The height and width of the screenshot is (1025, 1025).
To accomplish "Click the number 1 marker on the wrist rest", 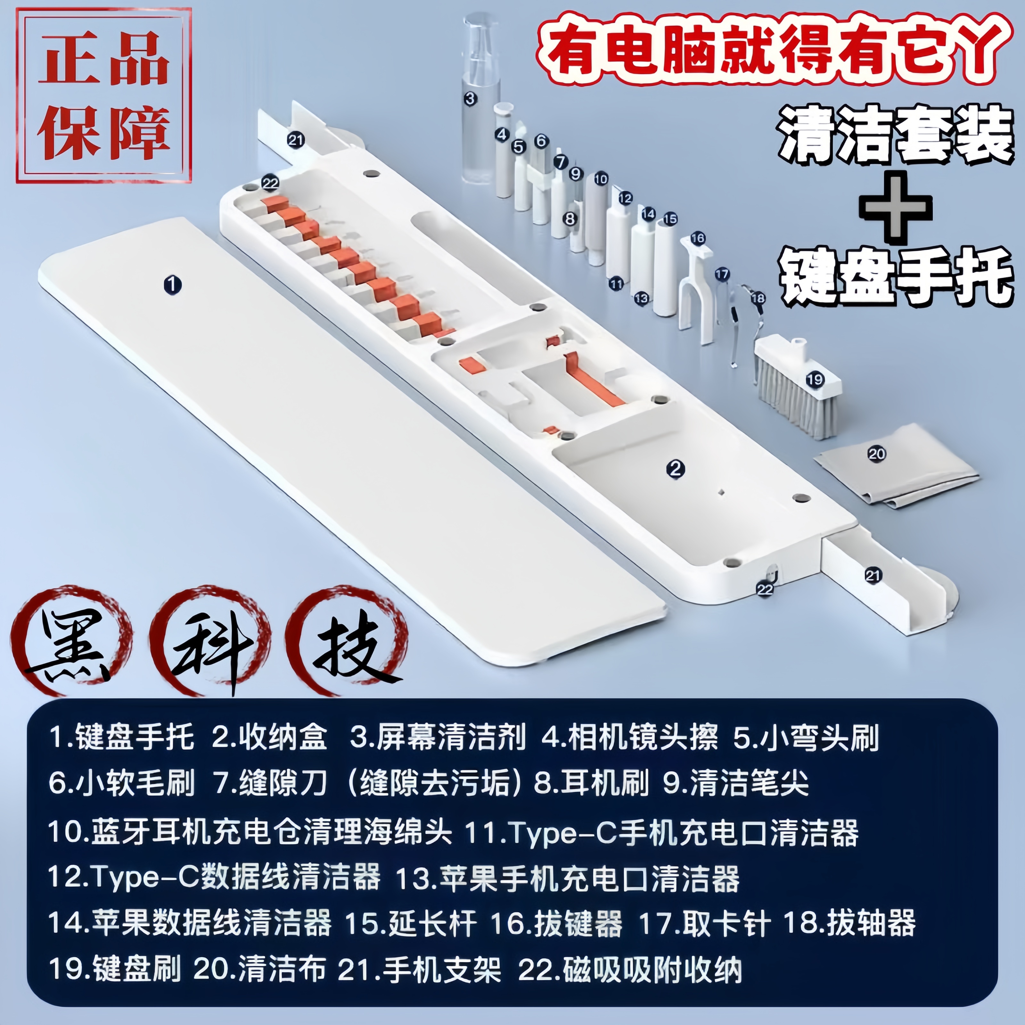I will coord(172,285).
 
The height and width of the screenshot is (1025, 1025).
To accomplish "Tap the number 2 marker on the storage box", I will coord(675,469).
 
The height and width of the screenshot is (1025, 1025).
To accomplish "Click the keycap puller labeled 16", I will coord(697,286).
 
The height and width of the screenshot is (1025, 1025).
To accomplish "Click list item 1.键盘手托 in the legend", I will coord(122,737).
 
